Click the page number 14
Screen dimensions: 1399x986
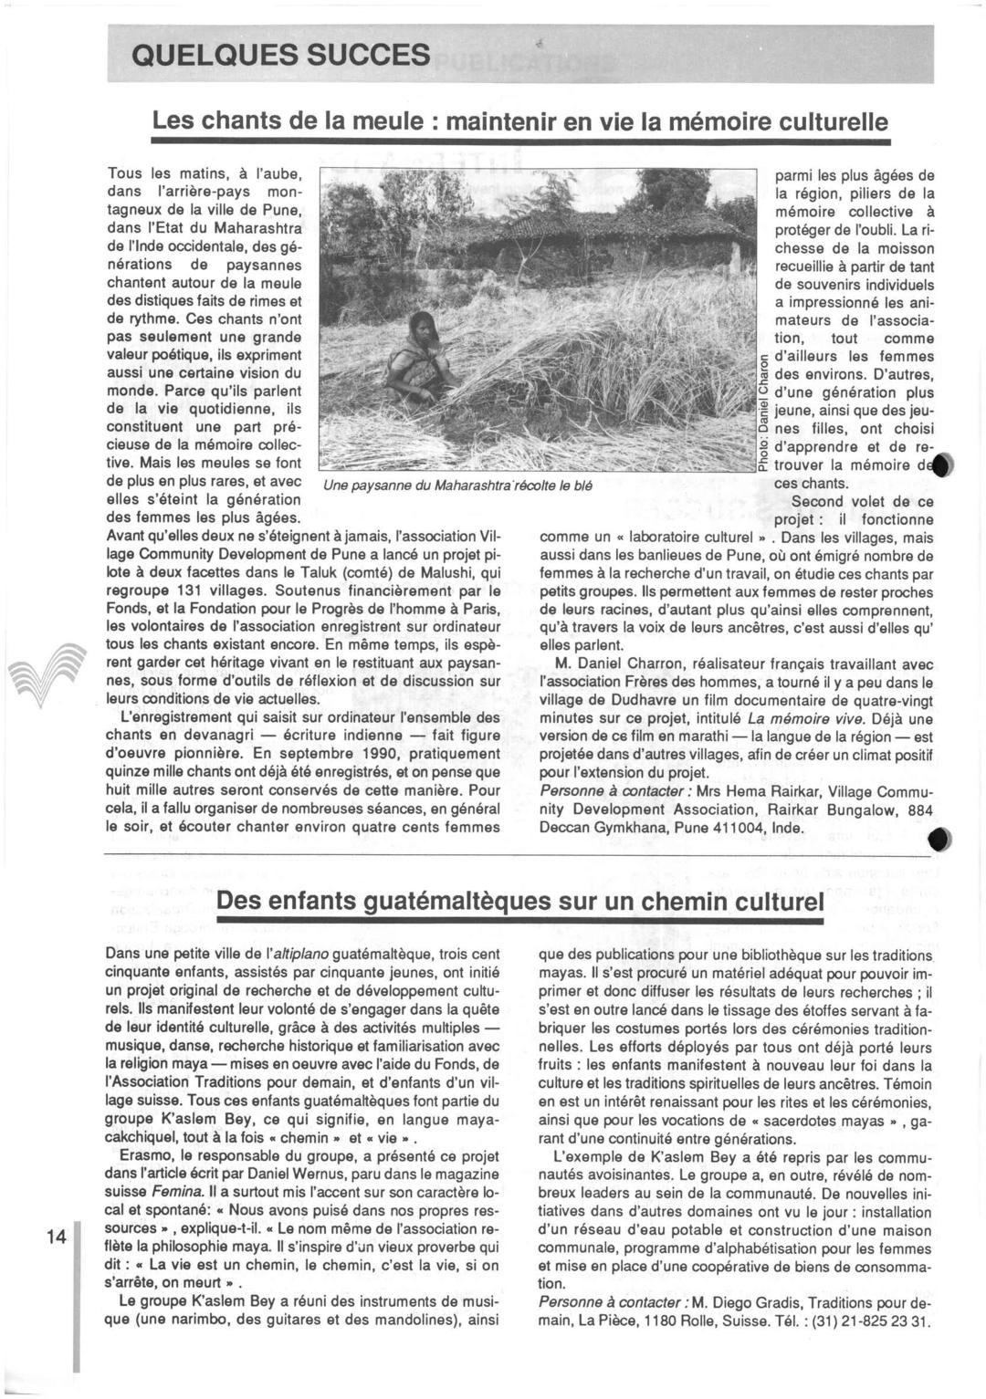point(57,1237)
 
